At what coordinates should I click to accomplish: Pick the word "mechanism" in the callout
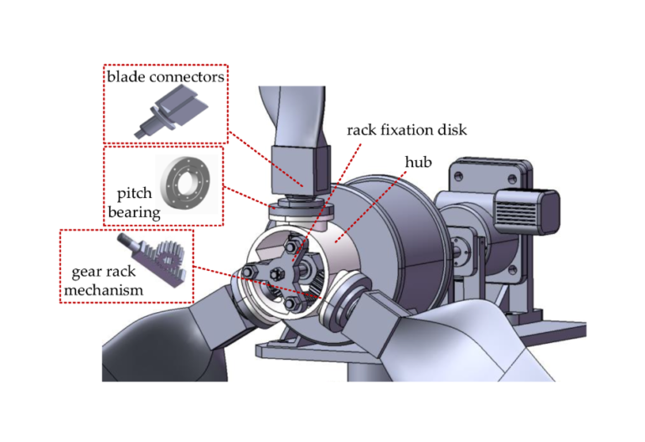point(104,290)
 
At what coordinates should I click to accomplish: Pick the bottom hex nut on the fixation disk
point(292,301)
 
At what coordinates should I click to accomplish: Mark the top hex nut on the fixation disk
point(292,244)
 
